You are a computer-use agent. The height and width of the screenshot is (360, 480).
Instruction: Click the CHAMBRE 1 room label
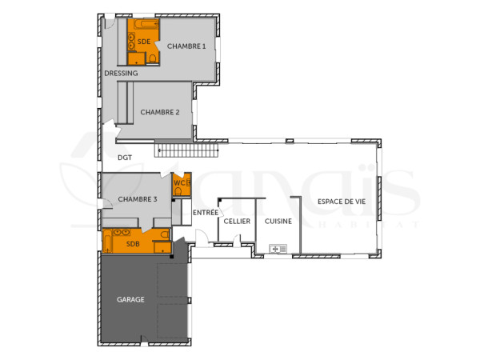point(186,46)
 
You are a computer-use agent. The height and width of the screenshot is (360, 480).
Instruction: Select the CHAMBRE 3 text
point(138,199)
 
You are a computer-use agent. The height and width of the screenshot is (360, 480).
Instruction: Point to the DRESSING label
point(121,74)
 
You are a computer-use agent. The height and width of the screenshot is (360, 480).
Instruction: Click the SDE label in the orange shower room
point(144,41)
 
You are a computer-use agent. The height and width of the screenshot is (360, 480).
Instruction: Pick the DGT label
point(125,158)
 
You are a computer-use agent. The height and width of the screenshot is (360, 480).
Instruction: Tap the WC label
point(179,184)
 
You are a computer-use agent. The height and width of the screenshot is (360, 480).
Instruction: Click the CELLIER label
point(237,221)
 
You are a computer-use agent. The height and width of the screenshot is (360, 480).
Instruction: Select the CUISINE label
point(278,221)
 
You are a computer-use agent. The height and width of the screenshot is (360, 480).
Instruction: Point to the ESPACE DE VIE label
point(341,202)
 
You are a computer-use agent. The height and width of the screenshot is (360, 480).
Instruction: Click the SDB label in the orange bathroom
point(133,244)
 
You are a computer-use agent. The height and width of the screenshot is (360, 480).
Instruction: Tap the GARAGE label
point(130,300)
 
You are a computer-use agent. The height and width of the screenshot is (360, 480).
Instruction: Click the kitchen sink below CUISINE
point(278,249)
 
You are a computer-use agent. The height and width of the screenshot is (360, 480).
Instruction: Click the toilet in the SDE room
point(153,58)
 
